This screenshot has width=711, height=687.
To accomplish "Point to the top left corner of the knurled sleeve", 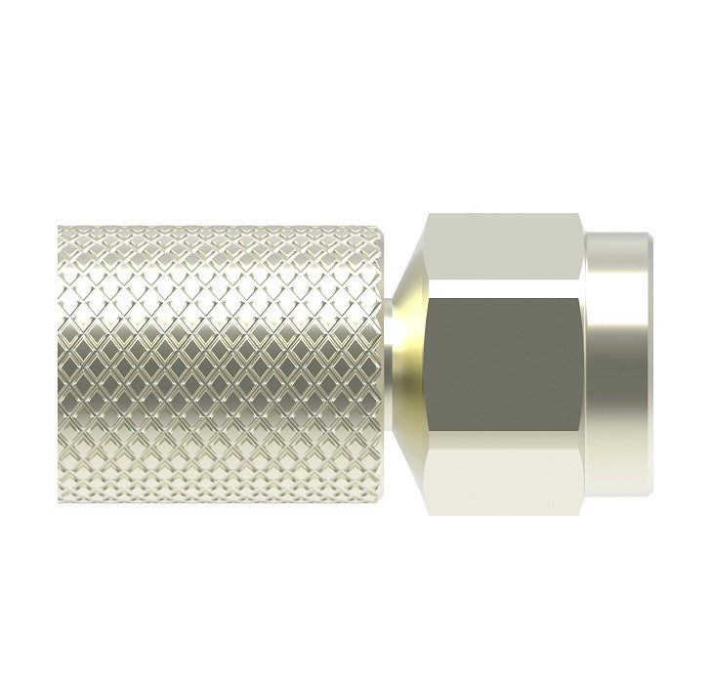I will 60,228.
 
